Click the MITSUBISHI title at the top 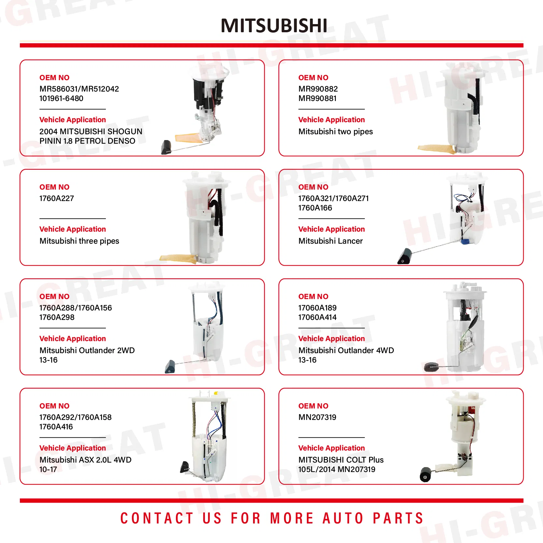click(274, 25)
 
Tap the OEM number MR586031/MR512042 click(79, 89)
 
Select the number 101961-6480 click(61, 98)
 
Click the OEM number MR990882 click(318, 89)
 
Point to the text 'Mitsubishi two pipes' click(336, 132)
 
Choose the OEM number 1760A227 click(57, 198)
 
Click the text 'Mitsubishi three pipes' click(79, 241)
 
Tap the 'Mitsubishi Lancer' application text click(330, 241)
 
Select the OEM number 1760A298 click(57, 317)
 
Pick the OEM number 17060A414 click(317, 317)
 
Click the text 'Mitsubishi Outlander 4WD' click(346, 350)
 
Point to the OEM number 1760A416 click(56, 427)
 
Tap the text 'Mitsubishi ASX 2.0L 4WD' click(85, 460)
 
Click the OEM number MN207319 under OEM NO click(317, 417)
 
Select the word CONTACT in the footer click(157, 518)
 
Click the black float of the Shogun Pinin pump click(167, 147)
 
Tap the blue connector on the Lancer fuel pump click(465, 241)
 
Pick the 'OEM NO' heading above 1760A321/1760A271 click(313, 187)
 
